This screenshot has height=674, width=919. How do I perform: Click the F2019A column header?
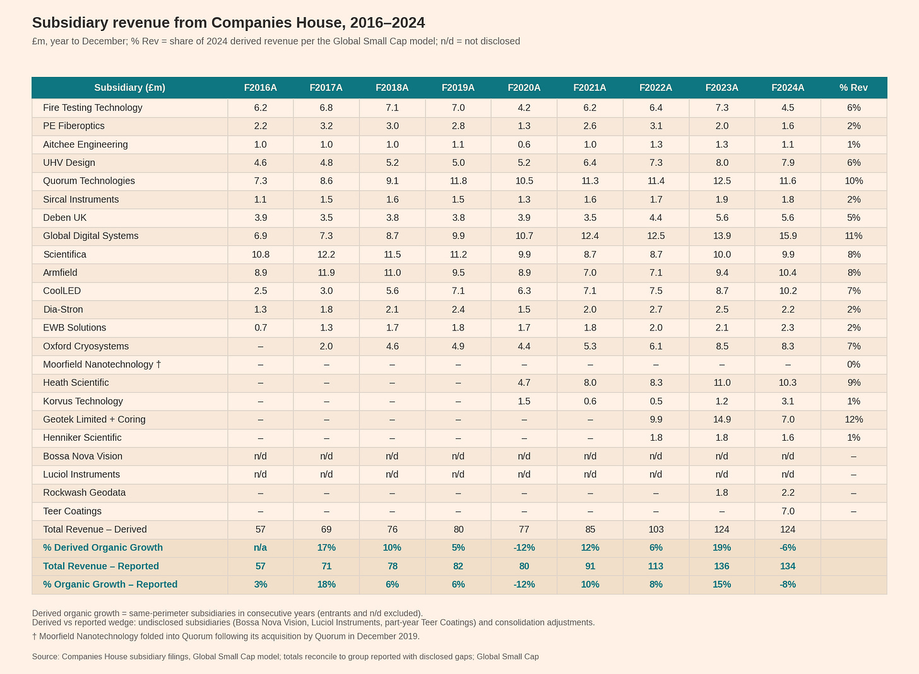(x=458, y=88)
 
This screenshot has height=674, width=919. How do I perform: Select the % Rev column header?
(x=853, y=88)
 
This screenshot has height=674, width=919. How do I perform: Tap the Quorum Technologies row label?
(x=88, y=181)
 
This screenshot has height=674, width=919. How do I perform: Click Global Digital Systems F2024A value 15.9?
(x=787, y=236)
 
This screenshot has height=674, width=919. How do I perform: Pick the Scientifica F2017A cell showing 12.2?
(x=326, y=255)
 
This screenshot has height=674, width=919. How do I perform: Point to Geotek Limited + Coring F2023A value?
(x=721, y=419)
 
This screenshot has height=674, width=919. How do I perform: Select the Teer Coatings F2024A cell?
(x=788, y=511)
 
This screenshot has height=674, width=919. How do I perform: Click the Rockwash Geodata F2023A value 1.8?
(x=721, y=492)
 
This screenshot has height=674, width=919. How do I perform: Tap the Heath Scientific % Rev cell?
(x=854, y=383)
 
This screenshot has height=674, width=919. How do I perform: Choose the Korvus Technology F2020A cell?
(x=524, y=401)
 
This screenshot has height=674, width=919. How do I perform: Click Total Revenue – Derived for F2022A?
(x=656, y=530)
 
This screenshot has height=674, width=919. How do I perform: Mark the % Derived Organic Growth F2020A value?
(x=524, y=548)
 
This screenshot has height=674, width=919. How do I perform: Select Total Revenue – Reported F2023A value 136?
(x=721, y=566)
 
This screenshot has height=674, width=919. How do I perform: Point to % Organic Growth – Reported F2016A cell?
(x=261, y=584)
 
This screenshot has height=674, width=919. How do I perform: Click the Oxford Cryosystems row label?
(x=86, y=346)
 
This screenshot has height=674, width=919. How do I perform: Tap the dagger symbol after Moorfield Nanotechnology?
(x=158, y=364)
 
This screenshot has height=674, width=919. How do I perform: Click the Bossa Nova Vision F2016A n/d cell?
(x=260, y=456)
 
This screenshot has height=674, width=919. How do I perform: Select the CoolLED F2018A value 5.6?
(x=392, y=291)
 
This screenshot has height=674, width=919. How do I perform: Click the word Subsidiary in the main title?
(x=70, y=23)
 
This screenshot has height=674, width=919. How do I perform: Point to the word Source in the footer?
(x=45, y=657)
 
